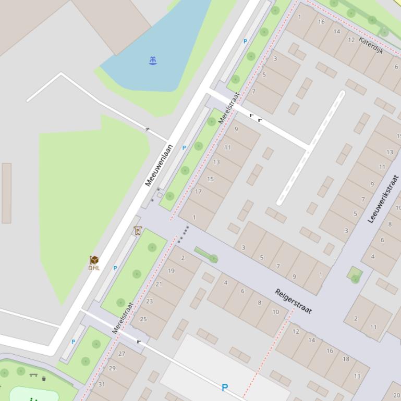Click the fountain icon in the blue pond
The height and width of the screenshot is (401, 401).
(x=153, y=60)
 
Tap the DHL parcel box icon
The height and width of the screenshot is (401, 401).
(x=94, y=259)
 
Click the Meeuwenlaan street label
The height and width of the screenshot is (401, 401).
(x=159, y=166)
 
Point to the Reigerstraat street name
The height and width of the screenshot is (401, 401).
(x=293, y=302)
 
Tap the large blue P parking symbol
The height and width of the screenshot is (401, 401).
(x=225, y=387)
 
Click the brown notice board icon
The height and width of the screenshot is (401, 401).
(x=138, y=231)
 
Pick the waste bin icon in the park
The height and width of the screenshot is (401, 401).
(x=44, y=379)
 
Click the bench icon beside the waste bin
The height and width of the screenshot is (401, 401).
(x=34, y=375)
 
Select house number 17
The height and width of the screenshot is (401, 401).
(x=198, y=192)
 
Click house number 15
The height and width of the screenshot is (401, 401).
(x=210, y=179)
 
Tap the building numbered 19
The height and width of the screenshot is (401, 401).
(x=171, y=271)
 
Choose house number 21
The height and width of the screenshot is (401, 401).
(x=159, y=284)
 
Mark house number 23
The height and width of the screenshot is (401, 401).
(x=150, y=301)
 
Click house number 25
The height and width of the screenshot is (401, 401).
(x=143, y=319)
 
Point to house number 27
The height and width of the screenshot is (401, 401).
(x=122, y=354)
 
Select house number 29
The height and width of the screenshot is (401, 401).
(x=112, y=368)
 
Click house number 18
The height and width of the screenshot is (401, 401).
(x=346, y=359)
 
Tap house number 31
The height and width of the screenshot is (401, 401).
(x=102, y=384)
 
